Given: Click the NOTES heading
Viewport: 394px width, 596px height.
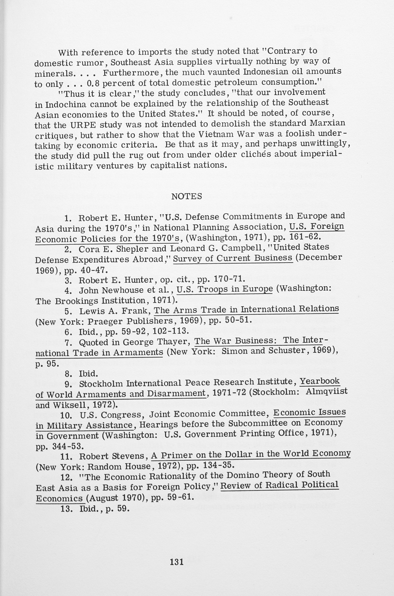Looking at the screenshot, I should click(187, 196).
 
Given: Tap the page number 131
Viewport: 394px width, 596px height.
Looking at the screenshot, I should click(177, 562).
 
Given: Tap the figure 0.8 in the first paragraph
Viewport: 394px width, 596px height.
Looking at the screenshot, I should click(93, 83).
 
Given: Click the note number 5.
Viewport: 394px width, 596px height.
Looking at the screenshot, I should click(68, 312).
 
